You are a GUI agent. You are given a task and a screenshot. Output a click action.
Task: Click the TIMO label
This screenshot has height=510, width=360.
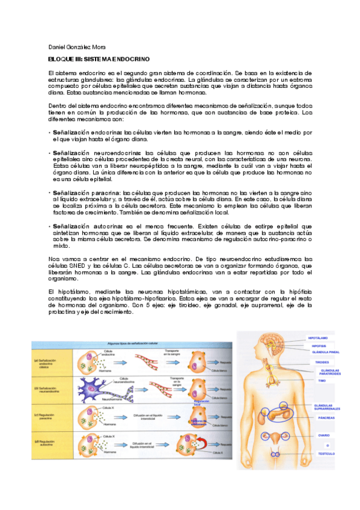320,381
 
